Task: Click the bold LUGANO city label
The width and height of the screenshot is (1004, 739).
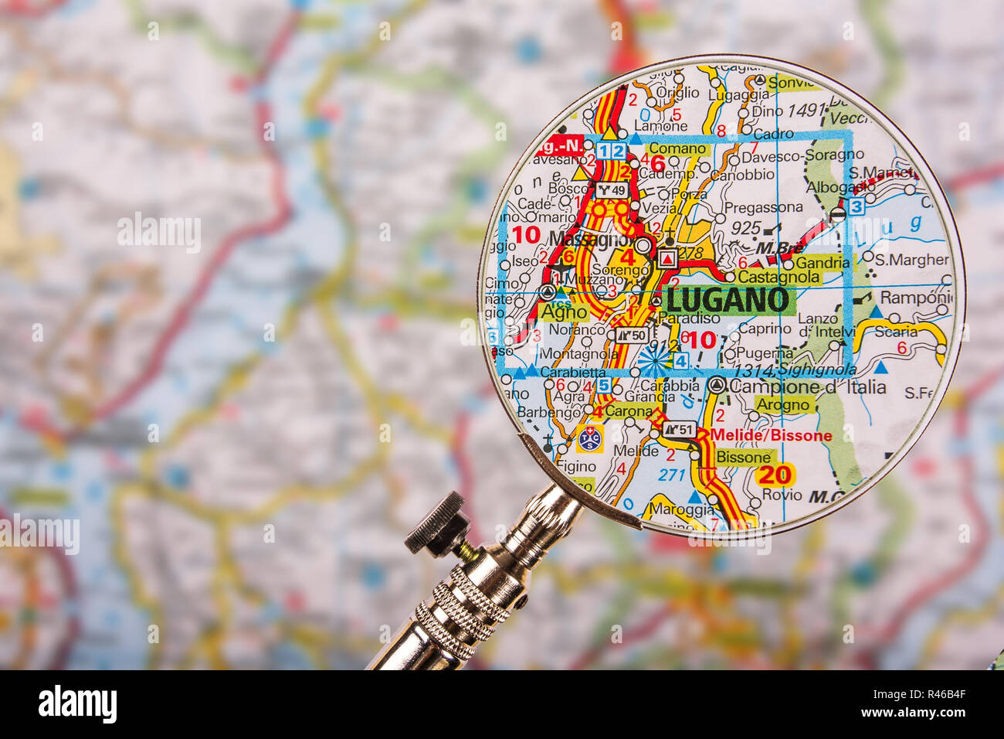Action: (728, 300)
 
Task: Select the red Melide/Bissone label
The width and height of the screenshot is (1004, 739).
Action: (771, 435)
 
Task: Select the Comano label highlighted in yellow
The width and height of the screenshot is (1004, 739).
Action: (678, 149)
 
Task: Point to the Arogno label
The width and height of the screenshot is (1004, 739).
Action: (783, 404)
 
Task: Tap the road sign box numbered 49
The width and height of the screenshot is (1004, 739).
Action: (613, 189)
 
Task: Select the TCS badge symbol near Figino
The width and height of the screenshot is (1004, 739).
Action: (589, 438)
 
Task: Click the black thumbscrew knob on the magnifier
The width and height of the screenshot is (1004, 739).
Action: (436, 524)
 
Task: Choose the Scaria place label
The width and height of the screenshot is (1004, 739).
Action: (896, 331)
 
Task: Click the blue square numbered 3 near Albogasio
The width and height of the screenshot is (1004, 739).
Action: (856, 206)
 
